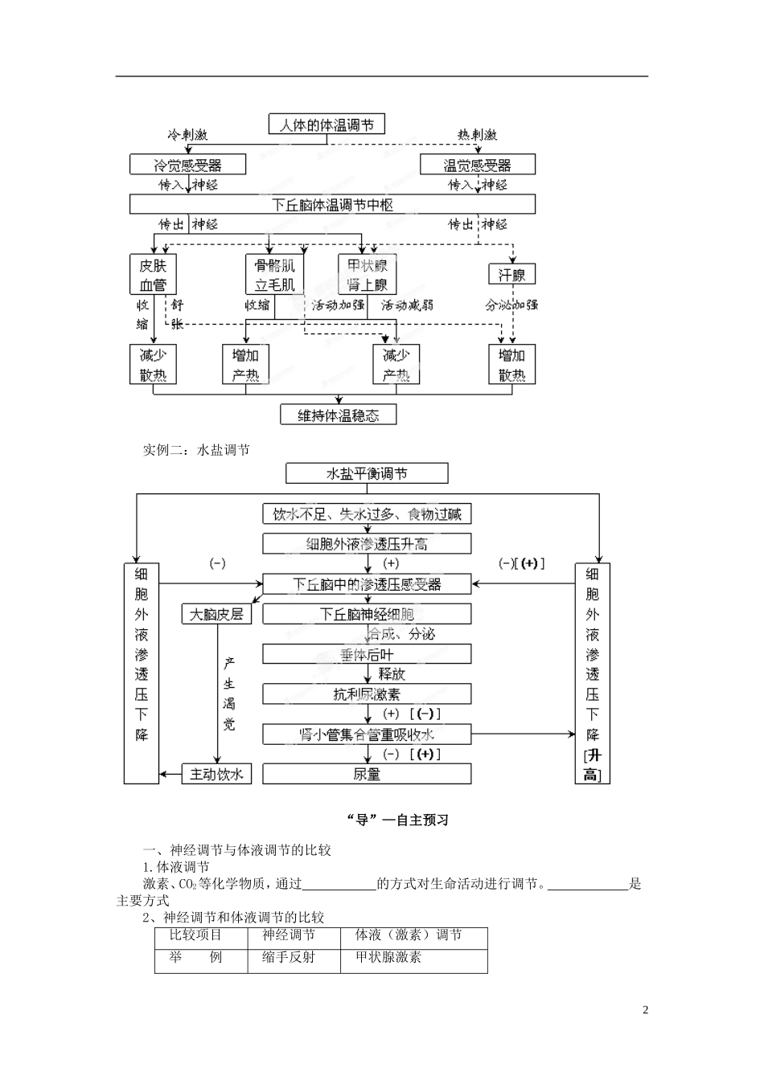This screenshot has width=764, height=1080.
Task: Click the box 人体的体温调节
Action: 327,125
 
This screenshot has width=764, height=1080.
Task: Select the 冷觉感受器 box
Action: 187,165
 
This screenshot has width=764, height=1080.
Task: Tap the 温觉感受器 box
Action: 477,165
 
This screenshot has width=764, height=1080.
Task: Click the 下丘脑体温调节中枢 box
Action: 332,204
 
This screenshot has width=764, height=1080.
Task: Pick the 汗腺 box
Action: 511,275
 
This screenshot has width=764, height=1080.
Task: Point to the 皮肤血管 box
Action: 153,275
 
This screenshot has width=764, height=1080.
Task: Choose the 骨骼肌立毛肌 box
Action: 274,275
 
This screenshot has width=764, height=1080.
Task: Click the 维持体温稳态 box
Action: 338,415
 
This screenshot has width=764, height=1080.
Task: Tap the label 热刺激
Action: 477,135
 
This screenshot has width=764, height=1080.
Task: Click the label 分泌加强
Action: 511,305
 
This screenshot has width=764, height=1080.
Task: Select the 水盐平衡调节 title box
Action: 367,473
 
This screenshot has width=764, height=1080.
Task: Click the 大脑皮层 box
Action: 216,614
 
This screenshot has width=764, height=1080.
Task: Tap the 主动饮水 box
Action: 216,774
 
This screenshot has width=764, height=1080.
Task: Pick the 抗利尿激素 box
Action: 367,694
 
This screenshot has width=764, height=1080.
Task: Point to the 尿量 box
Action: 367,774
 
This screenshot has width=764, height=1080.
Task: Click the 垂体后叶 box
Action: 367,654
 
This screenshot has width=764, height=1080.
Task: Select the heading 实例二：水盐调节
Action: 196,450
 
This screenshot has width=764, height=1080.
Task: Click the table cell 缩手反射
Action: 289,957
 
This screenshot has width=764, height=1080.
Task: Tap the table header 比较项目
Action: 195,935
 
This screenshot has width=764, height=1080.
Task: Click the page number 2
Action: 645,1010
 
